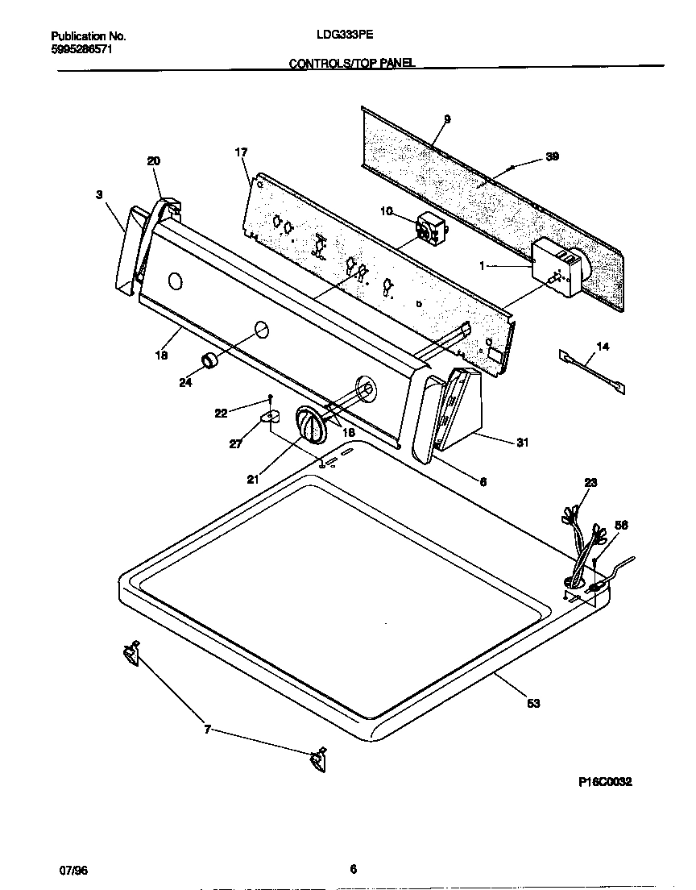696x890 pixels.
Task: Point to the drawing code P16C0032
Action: pos(605,781)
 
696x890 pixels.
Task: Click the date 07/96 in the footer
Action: pos(73,869)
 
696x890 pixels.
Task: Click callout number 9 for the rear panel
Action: pos(447,119)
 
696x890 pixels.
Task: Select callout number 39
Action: pos(552,156)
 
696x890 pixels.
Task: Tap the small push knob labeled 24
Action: pos(210,360)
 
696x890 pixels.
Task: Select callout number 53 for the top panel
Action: pos(533,703)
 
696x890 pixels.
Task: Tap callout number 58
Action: pos(621,525)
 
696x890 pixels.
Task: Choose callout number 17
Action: pos(241,152)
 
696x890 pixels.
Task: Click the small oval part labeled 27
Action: pos(269,416)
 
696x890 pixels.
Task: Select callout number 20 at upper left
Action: pos(154,161)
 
